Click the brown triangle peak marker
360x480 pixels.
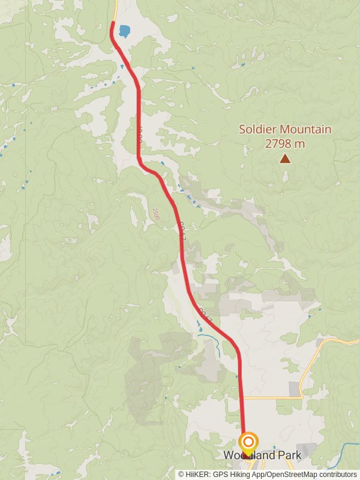pos(285,158)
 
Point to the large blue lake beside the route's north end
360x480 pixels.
pos(124,31)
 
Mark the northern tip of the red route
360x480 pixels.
pos(113,23)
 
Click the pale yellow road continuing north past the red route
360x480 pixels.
pos(115,9)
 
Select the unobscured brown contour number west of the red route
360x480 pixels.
pos(155,213)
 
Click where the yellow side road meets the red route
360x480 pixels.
pos(243,397)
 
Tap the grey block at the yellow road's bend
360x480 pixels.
pos(295,389)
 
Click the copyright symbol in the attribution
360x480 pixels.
pos(181,475)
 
